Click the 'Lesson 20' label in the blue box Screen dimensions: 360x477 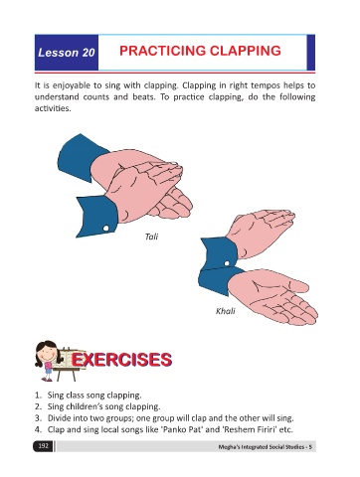[67, 53]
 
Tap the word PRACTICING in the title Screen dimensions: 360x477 [163, 51]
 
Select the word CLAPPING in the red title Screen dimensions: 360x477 [246, 51]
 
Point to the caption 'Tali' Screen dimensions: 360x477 [151, 237]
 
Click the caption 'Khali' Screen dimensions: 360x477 [226, 311]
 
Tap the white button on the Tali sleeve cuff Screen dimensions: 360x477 [105, 229]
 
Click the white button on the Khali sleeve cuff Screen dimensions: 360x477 [227, 263]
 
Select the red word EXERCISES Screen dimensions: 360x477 [121, 360]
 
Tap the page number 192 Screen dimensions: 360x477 [43, 446]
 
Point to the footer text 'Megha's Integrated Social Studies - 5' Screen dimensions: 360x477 [265, 447]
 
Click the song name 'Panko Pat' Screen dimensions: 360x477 [184, 429]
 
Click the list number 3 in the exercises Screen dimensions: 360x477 [39, 418]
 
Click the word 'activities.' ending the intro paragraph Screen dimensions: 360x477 [53, 108]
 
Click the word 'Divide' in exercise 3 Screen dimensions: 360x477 [59, 418]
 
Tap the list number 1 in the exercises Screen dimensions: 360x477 [39, 396]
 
